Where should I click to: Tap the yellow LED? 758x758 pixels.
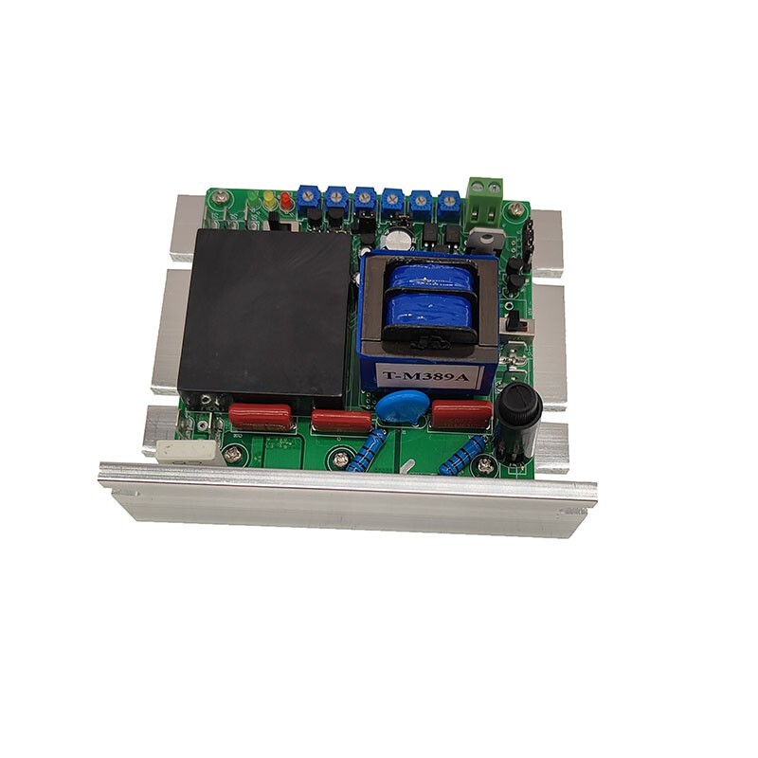[269, 201]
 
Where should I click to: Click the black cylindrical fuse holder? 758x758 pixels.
[519, 417]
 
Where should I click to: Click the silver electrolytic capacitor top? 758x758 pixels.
[401, 239]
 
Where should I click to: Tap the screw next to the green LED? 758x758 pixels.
[221, 197]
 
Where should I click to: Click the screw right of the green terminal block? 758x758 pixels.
[515, 208]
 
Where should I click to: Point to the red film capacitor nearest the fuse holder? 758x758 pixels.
[461, 413]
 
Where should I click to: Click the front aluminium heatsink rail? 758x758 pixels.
[351, 497]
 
